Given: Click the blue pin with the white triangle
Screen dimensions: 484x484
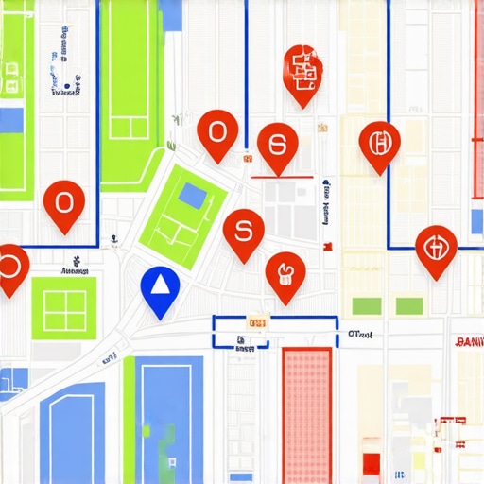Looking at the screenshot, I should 159,287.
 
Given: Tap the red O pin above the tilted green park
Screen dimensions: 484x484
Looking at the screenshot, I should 217,131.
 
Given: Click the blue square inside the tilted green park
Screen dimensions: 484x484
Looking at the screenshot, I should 192,196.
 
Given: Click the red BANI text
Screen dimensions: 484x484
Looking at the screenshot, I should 469,341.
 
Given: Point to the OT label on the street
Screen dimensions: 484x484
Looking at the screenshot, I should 359,333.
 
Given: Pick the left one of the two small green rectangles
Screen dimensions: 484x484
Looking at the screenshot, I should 366,305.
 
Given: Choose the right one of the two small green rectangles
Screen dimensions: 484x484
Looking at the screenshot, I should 409,305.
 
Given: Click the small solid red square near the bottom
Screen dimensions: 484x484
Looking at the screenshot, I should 372,463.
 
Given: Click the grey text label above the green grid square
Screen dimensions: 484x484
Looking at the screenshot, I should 74,270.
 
